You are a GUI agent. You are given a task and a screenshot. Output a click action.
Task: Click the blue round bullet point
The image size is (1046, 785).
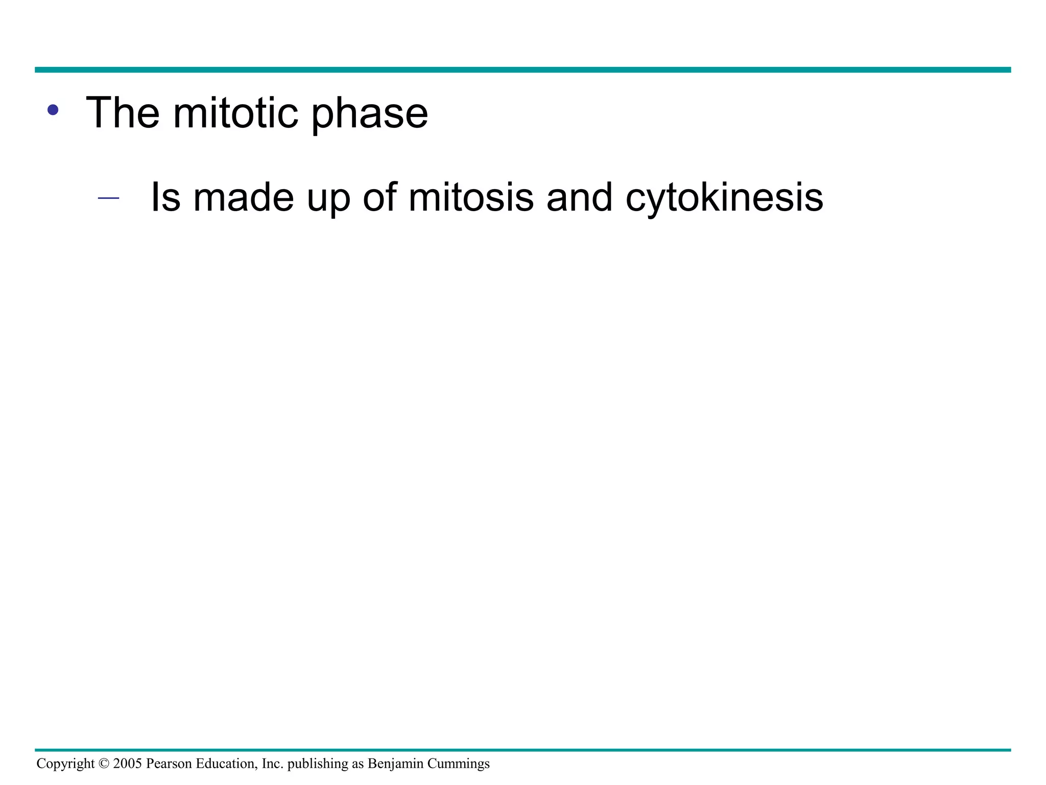53,110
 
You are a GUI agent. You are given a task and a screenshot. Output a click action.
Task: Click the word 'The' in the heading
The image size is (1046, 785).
123,113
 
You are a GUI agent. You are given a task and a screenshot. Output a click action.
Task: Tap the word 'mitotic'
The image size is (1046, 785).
235,113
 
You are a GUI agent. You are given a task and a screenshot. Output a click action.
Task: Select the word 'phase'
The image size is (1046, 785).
369,115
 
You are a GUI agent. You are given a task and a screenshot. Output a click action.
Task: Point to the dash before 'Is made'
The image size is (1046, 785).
108,198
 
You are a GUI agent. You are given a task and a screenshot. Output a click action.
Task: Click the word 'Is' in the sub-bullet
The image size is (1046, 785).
165,197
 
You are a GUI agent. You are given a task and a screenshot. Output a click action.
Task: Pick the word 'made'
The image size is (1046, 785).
244,197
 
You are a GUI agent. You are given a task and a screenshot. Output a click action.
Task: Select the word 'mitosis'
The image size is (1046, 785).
471,197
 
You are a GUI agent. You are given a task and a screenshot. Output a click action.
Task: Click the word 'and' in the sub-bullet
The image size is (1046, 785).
579,197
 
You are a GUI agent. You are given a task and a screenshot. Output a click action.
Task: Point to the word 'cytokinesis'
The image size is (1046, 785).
724,199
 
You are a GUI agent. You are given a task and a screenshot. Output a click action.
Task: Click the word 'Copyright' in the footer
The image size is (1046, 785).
65,764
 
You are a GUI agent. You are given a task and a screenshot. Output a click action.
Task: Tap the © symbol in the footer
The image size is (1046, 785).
104,764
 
